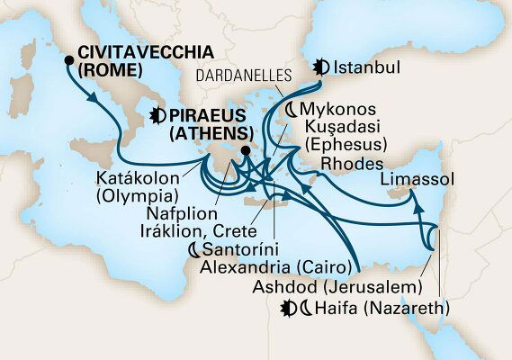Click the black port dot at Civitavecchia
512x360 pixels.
pos(69,60)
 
